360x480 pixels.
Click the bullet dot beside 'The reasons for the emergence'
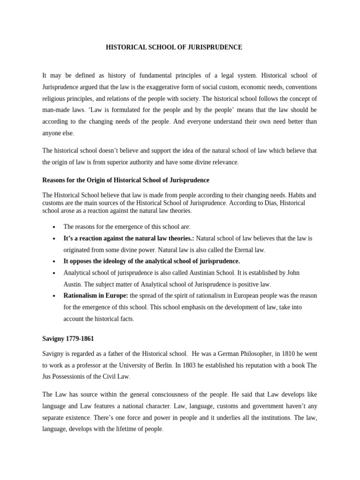[55, 226]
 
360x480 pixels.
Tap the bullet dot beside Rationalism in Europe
[55, 296]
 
